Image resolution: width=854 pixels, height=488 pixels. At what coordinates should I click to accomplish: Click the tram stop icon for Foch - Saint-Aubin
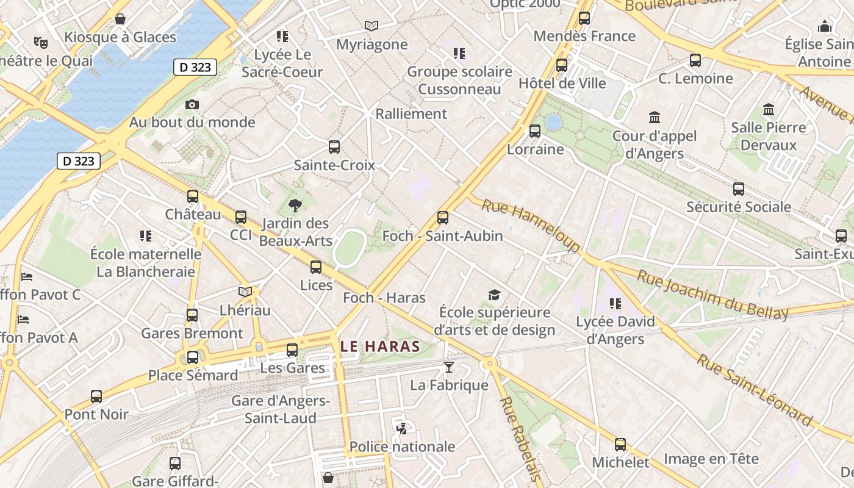443,217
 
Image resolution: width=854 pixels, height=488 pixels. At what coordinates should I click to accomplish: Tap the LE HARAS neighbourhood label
380,346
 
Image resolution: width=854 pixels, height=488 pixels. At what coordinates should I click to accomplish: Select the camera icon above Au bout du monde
192,105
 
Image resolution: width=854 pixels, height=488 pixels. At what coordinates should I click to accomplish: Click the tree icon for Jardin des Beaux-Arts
295,206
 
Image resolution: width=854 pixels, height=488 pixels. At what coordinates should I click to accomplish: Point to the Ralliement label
411,113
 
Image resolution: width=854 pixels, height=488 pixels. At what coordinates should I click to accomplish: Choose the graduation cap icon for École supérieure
494,295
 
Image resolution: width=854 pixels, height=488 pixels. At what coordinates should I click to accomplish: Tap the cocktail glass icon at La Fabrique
449,367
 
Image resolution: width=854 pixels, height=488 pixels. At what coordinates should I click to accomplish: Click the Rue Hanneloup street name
531,225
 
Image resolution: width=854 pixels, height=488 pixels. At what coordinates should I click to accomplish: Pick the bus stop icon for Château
193,196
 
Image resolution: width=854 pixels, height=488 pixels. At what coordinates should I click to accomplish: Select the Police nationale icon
401,429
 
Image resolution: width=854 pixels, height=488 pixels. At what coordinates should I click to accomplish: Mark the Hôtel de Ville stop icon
562,65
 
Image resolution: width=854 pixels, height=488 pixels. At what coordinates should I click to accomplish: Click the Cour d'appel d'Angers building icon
655,117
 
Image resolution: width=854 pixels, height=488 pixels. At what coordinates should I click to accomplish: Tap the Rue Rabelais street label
520,439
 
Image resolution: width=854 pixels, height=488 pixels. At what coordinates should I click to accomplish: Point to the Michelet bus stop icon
620,444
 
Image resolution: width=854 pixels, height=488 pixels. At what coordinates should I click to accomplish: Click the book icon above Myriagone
371,26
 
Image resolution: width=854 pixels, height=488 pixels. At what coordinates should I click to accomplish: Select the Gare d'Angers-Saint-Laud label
281,409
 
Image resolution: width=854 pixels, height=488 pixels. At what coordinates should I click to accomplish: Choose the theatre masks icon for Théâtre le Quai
41,42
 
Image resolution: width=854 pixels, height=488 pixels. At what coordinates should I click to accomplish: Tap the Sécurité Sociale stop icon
739,189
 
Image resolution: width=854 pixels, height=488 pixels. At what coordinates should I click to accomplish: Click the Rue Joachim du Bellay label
712,295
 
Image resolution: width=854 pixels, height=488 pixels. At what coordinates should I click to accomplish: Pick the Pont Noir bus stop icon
96,396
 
